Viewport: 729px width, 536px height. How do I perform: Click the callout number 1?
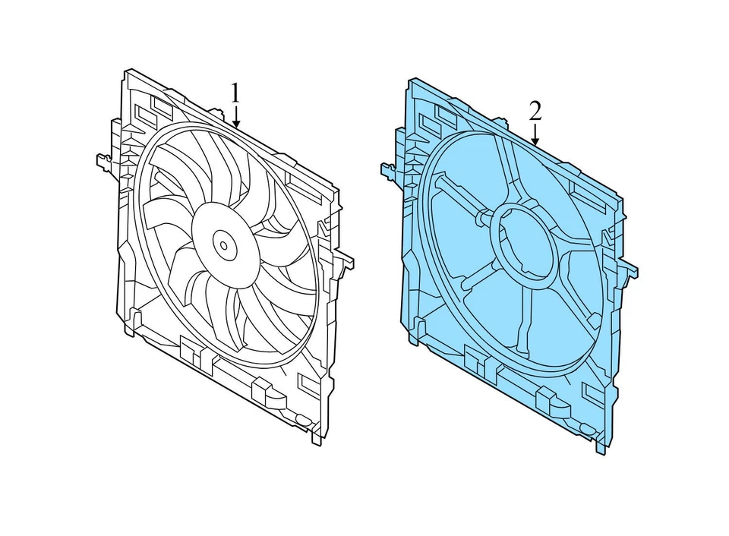point(236,93)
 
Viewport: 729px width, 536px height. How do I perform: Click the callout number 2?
point(535,112)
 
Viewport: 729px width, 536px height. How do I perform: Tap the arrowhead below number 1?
point(237,124)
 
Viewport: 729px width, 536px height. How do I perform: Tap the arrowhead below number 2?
point(535,142)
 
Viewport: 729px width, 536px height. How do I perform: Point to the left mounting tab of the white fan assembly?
point(103,162)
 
